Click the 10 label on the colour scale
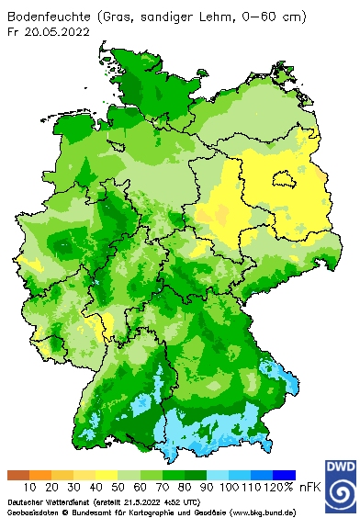tap(29, 487)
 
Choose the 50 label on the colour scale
tap(118, 487)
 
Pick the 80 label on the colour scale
tap(185, 487)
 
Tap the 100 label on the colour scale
tap(229, 487)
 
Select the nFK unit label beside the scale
tap(309, 487)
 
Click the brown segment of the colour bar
tap(18, 475)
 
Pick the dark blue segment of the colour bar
tap(284, 475)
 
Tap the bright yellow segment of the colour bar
tap(107, 475)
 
